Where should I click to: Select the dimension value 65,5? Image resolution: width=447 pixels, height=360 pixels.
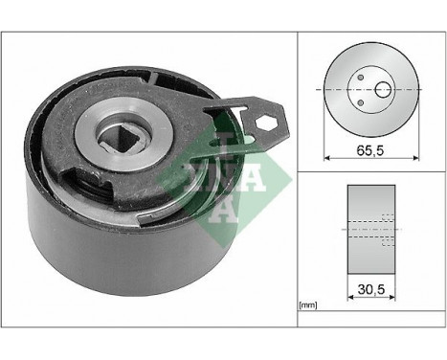[369, 148]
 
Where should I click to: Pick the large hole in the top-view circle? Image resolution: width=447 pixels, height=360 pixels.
[383, 91]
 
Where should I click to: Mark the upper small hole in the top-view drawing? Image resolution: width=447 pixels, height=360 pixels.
[361, 79]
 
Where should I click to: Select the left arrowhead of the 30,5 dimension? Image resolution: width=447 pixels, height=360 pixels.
[349, 299]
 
